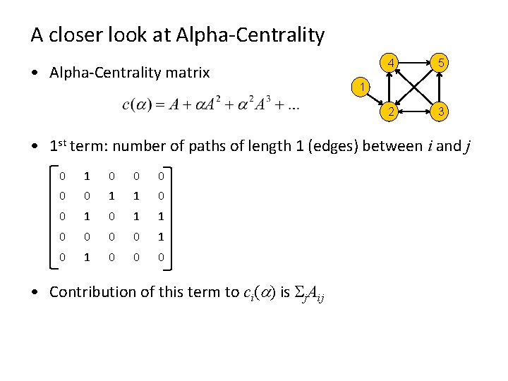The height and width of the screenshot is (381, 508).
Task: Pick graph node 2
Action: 387,111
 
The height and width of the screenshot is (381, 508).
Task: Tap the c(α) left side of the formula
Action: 137,105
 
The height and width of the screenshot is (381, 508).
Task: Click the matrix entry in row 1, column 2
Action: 86,175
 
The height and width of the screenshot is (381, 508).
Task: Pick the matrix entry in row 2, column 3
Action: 111,195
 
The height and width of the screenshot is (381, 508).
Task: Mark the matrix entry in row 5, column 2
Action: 86,257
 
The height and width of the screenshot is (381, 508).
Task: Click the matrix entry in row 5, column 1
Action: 61,257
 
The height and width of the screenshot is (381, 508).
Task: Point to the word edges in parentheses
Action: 317,146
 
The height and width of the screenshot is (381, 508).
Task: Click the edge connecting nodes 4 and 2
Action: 387,88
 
